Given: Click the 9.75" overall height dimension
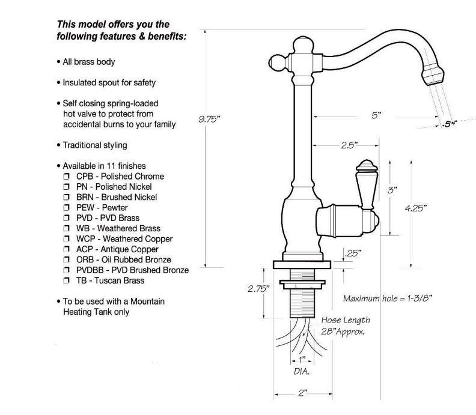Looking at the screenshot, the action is [x=209, y=119].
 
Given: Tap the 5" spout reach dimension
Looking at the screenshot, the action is [x=376, y=115].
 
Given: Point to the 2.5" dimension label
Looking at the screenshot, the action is [x=349, y=145].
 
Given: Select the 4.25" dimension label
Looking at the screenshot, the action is [x=415, y=208].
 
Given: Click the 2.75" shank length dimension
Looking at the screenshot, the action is [x=258, y=288].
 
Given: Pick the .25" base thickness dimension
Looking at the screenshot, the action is [x=353, y=253].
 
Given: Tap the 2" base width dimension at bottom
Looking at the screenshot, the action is [x=303, y=393].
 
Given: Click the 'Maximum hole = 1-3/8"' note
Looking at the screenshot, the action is [x=388, y=298].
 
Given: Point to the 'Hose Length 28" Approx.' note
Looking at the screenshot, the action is [x=346, y=326].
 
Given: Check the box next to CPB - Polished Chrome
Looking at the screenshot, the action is [x=66, y=176].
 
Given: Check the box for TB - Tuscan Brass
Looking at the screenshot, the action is [x=66, y=280].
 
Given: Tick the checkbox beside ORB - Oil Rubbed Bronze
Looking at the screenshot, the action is [x=66, y=259].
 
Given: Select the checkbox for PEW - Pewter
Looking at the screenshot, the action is [x=66, y=208].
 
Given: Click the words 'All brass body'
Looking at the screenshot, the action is [x=89, y=62].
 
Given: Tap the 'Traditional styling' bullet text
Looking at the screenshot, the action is [x=95, y=145].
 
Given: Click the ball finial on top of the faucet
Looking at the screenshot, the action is [x=303, y=45].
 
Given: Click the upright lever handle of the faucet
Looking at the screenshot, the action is [x=367, y=184].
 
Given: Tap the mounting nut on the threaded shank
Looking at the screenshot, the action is [x=302, y=284].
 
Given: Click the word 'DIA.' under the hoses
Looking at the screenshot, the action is [x=302, y=371].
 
